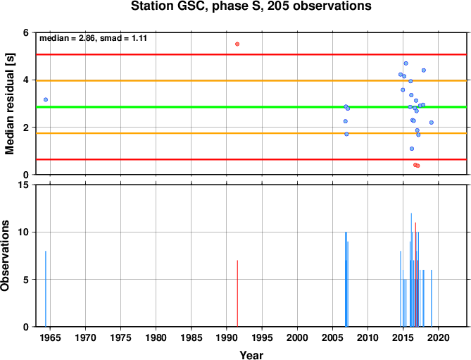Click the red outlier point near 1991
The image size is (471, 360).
[237, 44]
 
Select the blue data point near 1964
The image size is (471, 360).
[46, 99]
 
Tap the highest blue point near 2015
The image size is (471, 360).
[406, 63]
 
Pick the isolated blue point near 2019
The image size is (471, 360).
[432, 123]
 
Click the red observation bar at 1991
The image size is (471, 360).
[237, 294]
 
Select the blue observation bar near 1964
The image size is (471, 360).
[46, 289]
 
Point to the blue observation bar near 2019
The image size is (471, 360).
[432, 299]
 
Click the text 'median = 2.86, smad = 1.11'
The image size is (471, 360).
[93, 38]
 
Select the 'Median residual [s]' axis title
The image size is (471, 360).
[9, 104]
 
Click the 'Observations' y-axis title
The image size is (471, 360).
[5, 256]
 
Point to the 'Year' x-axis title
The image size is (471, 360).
[251, 355]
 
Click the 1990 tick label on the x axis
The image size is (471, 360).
[227, 337]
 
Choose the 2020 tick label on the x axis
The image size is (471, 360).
[439, 337]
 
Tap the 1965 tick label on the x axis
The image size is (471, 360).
[50, 337]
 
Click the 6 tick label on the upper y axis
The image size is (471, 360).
[25, 32]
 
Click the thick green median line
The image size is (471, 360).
[251, 107]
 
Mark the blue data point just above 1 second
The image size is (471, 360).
[412, 149]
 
